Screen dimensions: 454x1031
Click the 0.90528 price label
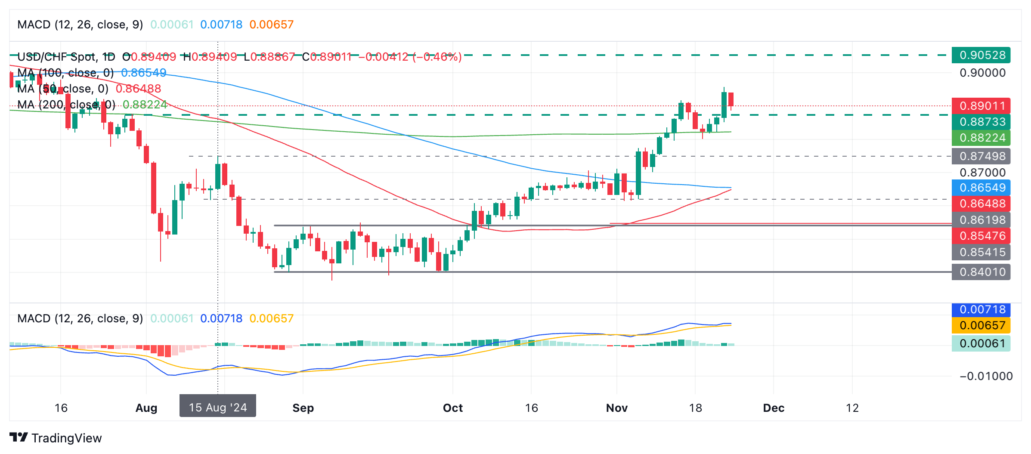coord(981,56)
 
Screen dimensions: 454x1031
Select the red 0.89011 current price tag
coord(981,106)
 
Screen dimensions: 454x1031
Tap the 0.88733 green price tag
coord(981,122)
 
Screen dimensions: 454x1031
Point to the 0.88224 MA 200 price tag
coord(981,138)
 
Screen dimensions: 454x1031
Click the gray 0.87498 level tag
coord(981,156)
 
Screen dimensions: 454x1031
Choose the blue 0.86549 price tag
coord(981,188)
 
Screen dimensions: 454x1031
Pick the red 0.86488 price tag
coord(981,204)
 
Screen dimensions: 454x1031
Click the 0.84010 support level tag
coord(981,272)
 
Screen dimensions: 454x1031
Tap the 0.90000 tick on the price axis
coord(982,73)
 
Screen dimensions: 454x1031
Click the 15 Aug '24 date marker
coord(218,408)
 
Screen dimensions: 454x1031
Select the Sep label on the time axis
coord(303,408)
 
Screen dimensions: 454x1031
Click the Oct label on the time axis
coord(453,408)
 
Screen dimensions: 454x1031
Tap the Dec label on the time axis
coord(774,408)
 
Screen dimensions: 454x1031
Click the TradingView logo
coord(56,438)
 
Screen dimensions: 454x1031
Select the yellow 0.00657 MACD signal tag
coord(981,325)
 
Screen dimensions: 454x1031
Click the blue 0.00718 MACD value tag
coord(981,309)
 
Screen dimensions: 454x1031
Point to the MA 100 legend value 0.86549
coord(144,73)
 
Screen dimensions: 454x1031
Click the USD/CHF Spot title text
coord(56,57)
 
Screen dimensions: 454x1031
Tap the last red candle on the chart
coord(731,99)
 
